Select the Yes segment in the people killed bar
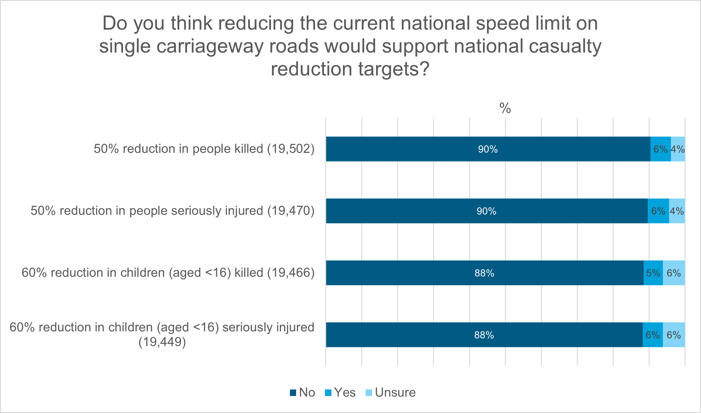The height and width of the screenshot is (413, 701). click(x=660, y=149)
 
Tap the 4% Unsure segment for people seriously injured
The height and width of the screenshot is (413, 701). click(x=677, y=211)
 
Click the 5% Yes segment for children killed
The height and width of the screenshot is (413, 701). click(x=653, y=273)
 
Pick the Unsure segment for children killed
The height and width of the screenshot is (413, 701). click(x=674, y=273)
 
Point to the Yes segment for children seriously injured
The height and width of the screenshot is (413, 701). click(x=653, y=335)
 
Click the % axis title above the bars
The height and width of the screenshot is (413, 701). click(x=505, y=108)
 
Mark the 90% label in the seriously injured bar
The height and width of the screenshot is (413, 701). click(x=486, y=211)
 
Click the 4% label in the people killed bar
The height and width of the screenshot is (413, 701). click(x=678, y=149)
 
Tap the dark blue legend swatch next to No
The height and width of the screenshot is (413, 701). click(x=293, y=393)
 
